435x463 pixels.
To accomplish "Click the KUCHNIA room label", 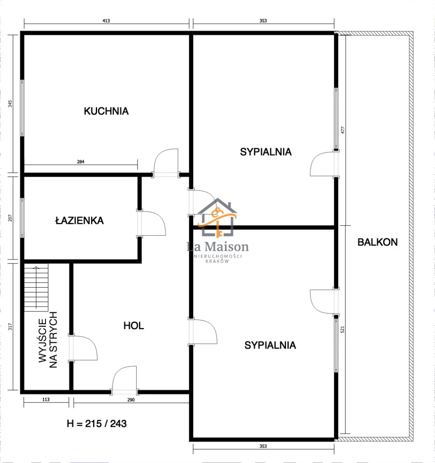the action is click(106, 111).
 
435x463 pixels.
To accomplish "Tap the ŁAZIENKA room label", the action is click(80, 220).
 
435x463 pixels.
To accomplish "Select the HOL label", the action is click(134, 326).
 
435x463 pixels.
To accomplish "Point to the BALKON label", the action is click(377, 242).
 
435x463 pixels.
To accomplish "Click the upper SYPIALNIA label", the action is click(265, 152).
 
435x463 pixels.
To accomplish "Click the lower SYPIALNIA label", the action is click(270, 345).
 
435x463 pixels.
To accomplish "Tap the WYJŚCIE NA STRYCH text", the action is click(48, 340).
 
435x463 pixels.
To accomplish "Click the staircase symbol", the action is click(36, 287).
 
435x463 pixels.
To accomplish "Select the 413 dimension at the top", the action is click(106, 21).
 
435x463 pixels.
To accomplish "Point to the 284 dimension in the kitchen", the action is click(81, 162).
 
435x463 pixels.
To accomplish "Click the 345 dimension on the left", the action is click(10, 104).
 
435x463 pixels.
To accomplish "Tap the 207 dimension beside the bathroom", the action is click(10, 218).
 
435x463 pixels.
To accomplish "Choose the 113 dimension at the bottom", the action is click(46, 399).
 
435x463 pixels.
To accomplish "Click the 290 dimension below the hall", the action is click(131, 400).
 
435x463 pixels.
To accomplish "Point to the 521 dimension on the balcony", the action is click(343, 330).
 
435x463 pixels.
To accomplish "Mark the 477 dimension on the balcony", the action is click(343, 130).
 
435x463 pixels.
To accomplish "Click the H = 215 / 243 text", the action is click(97, 424).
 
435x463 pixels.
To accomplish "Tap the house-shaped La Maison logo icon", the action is click(217, 218).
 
